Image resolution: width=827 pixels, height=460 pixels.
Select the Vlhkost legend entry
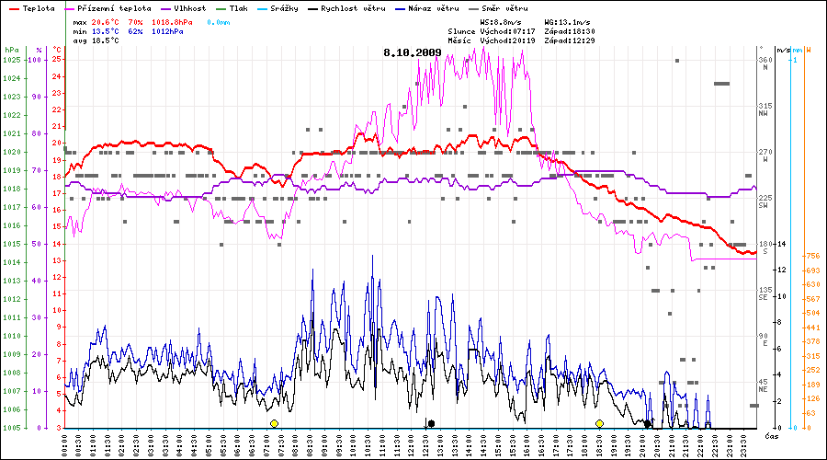(x=191, y=7)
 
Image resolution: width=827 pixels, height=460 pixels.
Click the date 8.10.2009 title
(x=413, y=52)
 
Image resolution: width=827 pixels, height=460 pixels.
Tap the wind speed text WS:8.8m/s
(x=503, y=20)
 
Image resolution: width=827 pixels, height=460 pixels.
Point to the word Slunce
(x=462, y=30)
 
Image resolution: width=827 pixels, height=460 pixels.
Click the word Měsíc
(x=462, y=40)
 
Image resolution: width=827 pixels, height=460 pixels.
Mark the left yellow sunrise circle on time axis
(x=274, y=423)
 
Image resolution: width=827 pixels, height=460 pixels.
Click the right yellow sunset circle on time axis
(x=599, y=423)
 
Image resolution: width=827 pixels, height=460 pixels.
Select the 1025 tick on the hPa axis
(x=11, y=60)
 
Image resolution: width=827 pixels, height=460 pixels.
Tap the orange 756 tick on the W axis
(x=812, y=256)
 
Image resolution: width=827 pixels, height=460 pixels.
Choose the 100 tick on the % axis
(x=35, y=60)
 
